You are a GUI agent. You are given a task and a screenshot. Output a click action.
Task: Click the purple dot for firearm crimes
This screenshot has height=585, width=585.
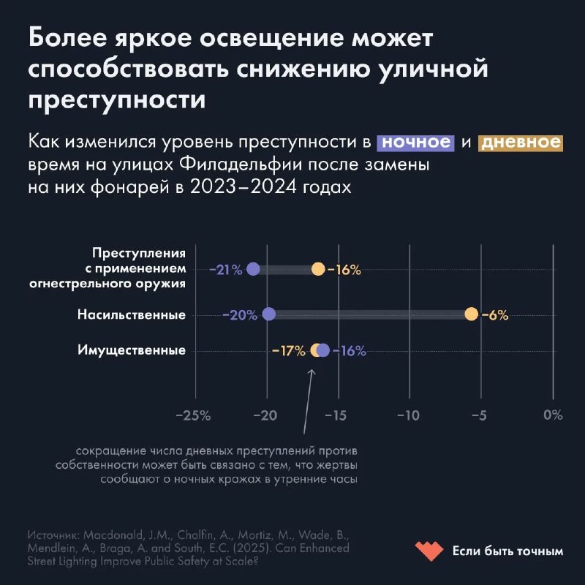pyautogui.click(x=253, y=269)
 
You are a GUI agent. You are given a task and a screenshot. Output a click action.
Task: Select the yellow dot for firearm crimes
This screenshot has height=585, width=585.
pyautogui.click(x=318, y=269)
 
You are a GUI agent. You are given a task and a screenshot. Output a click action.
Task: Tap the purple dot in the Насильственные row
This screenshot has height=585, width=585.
pyautogui.click(x=268, y=314)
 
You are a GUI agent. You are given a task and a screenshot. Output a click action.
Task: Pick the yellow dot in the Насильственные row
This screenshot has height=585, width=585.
pyautogui.click(x=471, y=314)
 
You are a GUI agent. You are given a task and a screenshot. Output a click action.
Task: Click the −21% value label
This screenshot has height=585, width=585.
pyautogui.click(x=225, y=270)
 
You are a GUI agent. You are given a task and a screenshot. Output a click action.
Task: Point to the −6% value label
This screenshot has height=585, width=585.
pyautogui.click(x=495, y=315)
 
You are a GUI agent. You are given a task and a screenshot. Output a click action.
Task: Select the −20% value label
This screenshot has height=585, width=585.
pyautogui.click(x=240, y=315)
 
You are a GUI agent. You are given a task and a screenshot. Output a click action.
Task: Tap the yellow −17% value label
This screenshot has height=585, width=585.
pyautogui.click(x=288, y=351)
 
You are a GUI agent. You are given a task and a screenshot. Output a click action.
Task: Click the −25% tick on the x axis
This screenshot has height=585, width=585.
pyautogui.click(x=194, y=415)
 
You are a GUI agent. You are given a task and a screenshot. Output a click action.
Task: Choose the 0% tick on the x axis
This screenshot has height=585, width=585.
pyautogui.click(x=553, y=415)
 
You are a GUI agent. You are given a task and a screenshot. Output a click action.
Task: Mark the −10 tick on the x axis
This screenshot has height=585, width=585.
pyautogui.click(x=408, y=415)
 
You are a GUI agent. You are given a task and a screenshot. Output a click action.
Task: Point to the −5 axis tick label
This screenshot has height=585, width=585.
pyautogui.click(x=480, y=415)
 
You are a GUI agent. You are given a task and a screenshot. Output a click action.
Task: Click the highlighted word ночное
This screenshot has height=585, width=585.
pyautogui.click(x=416, y=141)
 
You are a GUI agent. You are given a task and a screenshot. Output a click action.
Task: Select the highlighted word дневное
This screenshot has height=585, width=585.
pyautogui.click(x=520, y=141)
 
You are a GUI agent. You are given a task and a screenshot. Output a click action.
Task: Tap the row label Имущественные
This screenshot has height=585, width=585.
pyautogui.click(x=132, y=350)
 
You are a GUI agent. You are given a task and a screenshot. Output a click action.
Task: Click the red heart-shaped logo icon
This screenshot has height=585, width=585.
pyautogui.click(x=429, y=550)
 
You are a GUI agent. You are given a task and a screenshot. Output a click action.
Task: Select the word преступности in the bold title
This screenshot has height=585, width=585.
pyautogui.click(x=117, y=99)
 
